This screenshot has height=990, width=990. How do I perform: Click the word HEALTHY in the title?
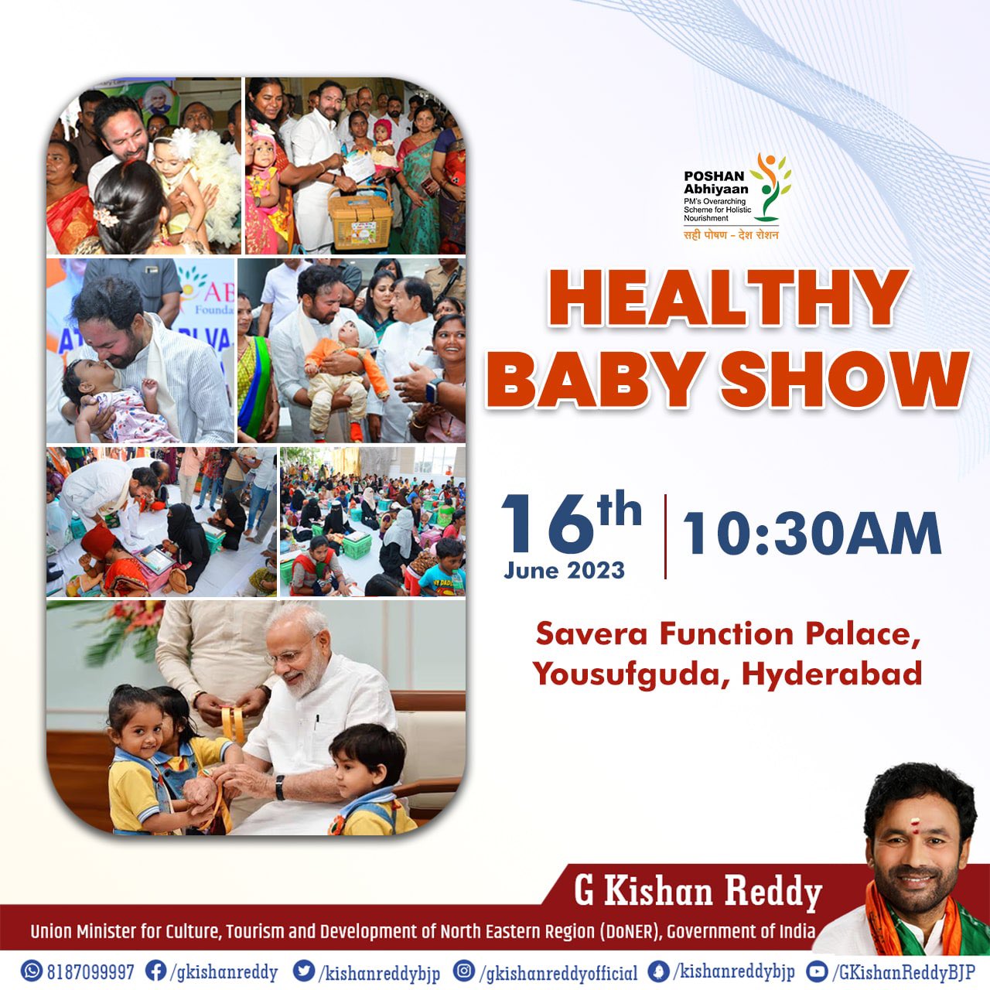coord(728,299)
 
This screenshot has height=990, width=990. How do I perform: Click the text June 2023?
coord(564,570)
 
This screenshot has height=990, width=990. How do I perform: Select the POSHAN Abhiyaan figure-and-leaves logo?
coord(770,187)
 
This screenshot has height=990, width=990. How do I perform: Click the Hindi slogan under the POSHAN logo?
coord(731,235)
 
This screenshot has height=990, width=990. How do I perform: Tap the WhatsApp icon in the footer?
coord(32,970)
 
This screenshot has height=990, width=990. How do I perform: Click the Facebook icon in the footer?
coord(155,970)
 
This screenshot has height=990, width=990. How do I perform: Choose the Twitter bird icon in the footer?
coord(304,970)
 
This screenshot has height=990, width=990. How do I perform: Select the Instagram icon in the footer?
coord(463,970)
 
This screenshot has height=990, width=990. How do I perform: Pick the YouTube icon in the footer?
coord(817,970)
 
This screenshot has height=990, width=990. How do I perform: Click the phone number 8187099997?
coord(90,971)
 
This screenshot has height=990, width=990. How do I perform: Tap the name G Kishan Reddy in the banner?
coord(698,893)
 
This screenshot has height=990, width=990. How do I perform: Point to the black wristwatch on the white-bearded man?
coord(279,787)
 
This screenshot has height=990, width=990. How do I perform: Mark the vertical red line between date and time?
coord(665,536)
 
